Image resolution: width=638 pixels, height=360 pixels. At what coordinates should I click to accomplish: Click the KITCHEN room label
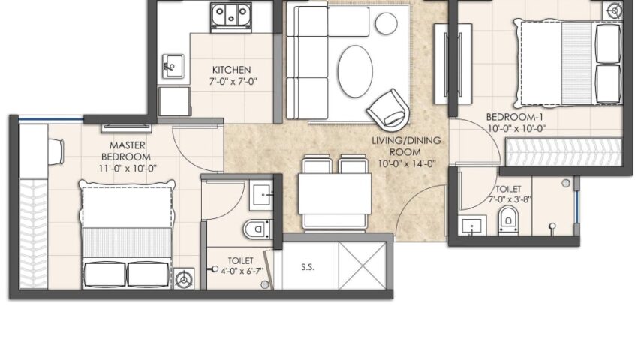coord(231,70)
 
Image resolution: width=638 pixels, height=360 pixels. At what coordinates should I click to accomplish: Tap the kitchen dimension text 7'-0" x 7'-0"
coord(233,81)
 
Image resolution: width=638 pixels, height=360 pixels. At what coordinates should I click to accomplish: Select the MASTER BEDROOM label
coord(127,151)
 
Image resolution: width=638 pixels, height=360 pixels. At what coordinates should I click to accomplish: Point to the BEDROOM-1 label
coord(515,117)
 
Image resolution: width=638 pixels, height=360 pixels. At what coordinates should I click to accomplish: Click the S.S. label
coord(308,267)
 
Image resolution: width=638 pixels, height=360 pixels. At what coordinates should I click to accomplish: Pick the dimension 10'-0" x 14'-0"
coord(407,164)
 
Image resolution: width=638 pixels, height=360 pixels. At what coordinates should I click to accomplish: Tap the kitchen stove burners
coord(230,15)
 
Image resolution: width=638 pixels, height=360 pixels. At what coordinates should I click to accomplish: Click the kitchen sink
coord(173,66)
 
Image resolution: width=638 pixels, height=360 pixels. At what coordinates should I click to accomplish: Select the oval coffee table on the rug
coord(355,71)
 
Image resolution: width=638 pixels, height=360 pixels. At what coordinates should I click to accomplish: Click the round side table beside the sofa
coord(386,23)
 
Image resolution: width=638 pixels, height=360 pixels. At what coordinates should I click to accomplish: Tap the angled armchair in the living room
coord(388,108)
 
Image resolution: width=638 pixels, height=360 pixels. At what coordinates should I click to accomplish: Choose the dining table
coord(335,193)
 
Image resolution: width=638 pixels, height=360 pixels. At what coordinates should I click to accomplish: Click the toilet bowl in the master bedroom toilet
coord(257,229)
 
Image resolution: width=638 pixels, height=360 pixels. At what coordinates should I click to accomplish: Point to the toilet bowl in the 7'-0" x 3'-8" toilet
coord(509,220)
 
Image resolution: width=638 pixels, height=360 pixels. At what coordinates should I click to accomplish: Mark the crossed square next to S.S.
coord(362,265)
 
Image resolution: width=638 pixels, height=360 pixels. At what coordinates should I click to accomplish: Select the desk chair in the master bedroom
coord(56,151)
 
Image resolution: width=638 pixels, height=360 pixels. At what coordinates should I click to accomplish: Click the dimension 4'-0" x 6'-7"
coord(242,271)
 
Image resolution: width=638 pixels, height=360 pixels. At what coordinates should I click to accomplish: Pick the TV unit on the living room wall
coord(453,64)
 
